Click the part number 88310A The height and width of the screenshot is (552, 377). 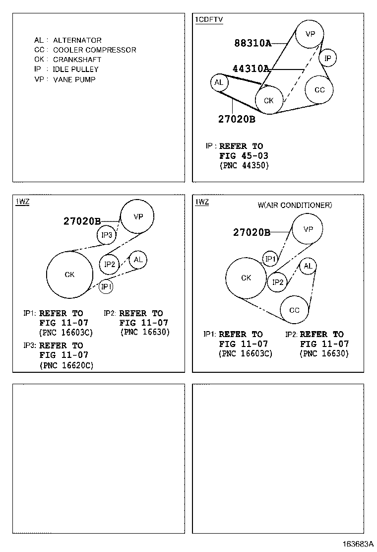pyautogui.click(x=253, y=43)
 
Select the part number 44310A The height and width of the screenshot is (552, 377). pyautogui.click(x=251, y=69)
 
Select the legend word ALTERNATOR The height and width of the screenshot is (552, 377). pyautogui.click(x=77, y=40)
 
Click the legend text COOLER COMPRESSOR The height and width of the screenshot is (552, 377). pyautogui.click(x=95, y=50)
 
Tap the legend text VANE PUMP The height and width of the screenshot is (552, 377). pyautogui.click(x=74, y=79)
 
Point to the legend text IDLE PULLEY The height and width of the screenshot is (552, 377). pyautogui.click(x=75, y=69)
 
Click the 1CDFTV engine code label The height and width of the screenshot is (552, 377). pyautogui.click(x=209, y=20)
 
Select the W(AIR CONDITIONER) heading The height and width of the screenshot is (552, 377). pyautogui.click(x=295, y=205)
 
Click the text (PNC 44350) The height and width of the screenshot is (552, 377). pyautogui.click(x=244, y=165)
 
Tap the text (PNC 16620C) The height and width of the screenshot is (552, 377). pyautogui.click(x=66, y=365)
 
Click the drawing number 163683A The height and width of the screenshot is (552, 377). pyautogui.click(x=358, y=544)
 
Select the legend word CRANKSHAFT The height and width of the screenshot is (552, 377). pyautogui.click(x=77, y=60)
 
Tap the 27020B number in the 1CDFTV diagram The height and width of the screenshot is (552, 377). pyautogui.click(x=237, y=119)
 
